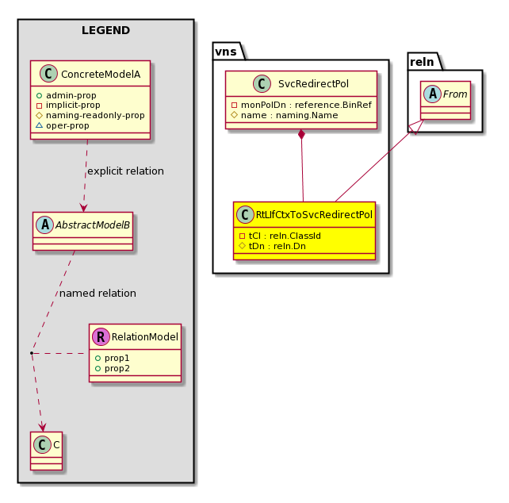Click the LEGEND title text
(105, 30)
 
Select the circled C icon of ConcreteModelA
(48, 74)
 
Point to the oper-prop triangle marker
(40, 125)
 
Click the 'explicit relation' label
(125, 171)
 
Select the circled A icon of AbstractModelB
(45, 225)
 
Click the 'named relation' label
(98, 293)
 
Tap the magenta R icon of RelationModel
(101, 336)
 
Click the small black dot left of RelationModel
(32, 353)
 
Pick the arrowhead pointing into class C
(43, 428)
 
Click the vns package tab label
(226, 52)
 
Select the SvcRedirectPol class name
(313, 83)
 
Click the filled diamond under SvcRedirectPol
(301, 135)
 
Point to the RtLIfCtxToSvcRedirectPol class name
(314, 214)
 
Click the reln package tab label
(422, 62)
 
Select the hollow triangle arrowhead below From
(416, 127)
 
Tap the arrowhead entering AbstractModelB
(83, 208)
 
